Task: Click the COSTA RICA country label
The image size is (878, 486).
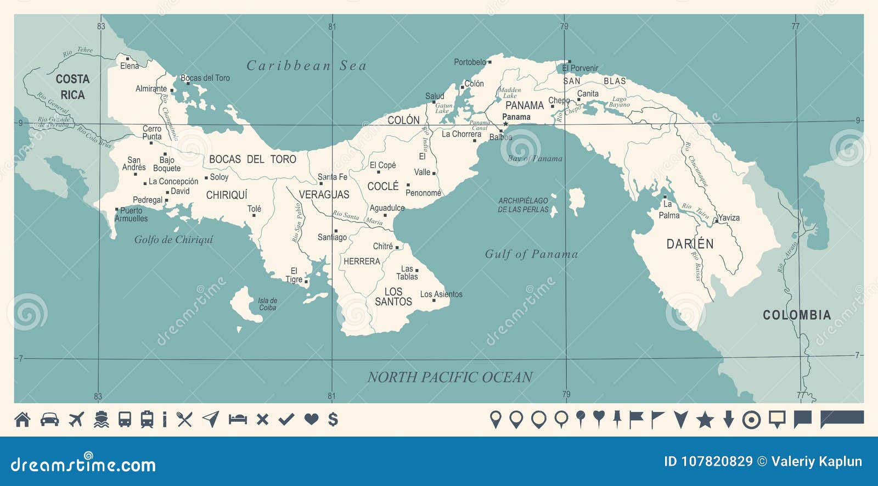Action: click(x=72, y=87)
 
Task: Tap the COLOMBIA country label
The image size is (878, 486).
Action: click(x=797, y=315)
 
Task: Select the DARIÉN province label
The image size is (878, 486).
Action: click(x=690, y=244)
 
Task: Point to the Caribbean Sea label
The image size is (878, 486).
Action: click(x=306, y=66)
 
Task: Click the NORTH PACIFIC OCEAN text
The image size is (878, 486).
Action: click(x=449, y=377)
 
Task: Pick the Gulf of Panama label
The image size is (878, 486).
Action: click(x=531, y=254)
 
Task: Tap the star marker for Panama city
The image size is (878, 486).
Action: click(x=505, y=124)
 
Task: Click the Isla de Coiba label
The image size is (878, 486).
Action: click(x=267, y=304)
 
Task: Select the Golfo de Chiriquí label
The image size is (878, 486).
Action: click(x=173, y=239)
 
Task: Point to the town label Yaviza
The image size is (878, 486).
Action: click(x=729, y=217)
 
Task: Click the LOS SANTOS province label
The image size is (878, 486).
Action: click(x=393, y=297)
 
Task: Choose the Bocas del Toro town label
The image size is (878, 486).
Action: click(x=205, y=78)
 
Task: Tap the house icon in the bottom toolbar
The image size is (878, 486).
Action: click(x=22, y=420)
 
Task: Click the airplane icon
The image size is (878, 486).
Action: click(x=76, y=420)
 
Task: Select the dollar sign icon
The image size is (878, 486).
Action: click(x=333, y=420)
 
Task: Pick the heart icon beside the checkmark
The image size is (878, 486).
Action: click(x=311, y=420)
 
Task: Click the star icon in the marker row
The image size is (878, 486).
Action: click(x=705, y=420)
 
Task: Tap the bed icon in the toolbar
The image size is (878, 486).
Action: click(x=238, y=420)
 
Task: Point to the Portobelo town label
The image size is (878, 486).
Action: click(x=470, y=62)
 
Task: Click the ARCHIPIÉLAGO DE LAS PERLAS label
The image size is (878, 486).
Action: click(x=523, y=205)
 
